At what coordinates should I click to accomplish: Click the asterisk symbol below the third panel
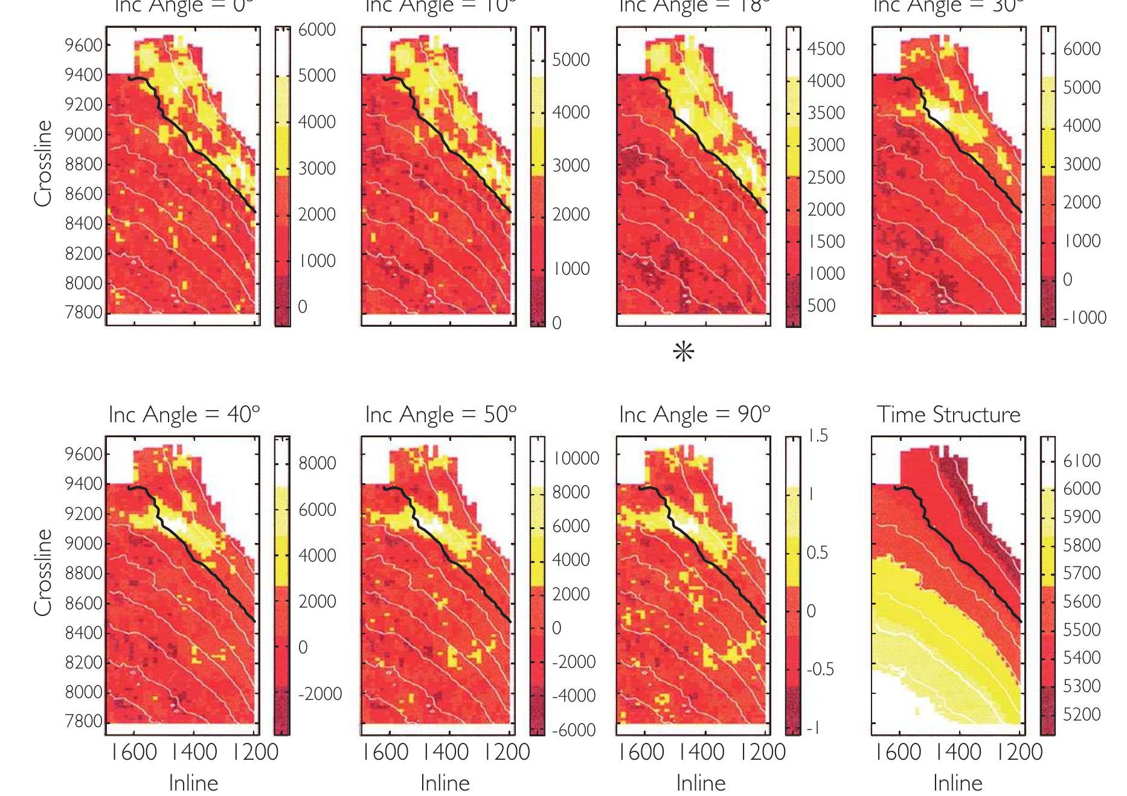tap(684, 352)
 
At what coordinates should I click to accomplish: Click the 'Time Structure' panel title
tap(948, 415)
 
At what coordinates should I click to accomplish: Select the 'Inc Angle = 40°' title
tap(184, 415)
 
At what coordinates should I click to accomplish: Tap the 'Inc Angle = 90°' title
tap(695, 415)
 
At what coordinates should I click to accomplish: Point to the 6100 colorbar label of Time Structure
tap(1082, 461)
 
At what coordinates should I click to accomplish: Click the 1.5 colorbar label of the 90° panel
tap(819, 436)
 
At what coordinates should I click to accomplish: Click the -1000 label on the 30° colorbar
tap(1084, 318)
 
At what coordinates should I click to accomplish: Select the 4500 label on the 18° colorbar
tap(826, 49)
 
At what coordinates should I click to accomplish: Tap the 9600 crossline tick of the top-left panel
tap(84, 45)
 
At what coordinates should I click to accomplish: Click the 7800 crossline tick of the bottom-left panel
tap(84, 722)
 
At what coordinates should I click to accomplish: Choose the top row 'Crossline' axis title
tap(43, 163)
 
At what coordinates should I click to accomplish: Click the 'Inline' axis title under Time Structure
tap(958, 783)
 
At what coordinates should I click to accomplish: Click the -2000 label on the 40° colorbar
tap(319, 694)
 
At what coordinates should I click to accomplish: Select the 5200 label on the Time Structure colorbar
tap(1082, 714)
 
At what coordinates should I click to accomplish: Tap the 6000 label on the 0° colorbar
tap(316, 30)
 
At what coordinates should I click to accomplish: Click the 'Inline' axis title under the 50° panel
tap(445, 783)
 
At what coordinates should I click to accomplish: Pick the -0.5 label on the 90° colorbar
tap(820, 669)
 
